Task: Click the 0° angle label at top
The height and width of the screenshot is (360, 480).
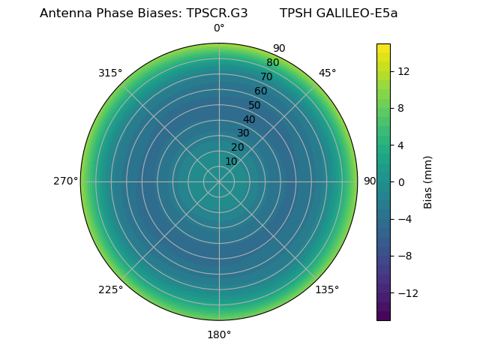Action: pos(219,28)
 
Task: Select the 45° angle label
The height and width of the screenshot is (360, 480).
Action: pos(327,73)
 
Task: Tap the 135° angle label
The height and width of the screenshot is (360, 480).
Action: pos(327,289)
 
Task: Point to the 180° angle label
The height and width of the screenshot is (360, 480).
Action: pos(219,334)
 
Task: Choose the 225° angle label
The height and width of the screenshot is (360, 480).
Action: pos(110,289)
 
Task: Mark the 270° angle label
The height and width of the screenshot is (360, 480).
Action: pos(65,181)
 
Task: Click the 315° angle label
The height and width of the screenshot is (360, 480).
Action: pos(110,73)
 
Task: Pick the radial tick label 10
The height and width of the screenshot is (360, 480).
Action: pos(231,161)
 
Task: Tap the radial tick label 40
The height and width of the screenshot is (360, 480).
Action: pos(249,119)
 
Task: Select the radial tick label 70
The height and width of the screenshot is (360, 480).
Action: pos(266,76)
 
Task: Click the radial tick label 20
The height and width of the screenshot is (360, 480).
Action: pos(237,147)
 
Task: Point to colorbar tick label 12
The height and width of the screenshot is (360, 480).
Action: pos(403,71)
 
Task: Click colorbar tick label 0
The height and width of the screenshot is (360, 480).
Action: pos(401,182)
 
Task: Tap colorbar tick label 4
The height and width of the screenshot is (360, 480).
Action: pos(401,145)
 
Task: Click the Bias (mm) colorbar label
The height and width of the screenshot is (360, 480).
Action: pos(428,182)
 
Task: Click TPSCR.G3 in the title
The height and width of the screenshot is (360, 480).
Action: pos(217,13)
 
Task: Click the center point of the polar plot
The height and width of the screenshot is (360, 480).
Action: pos(219,181)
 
